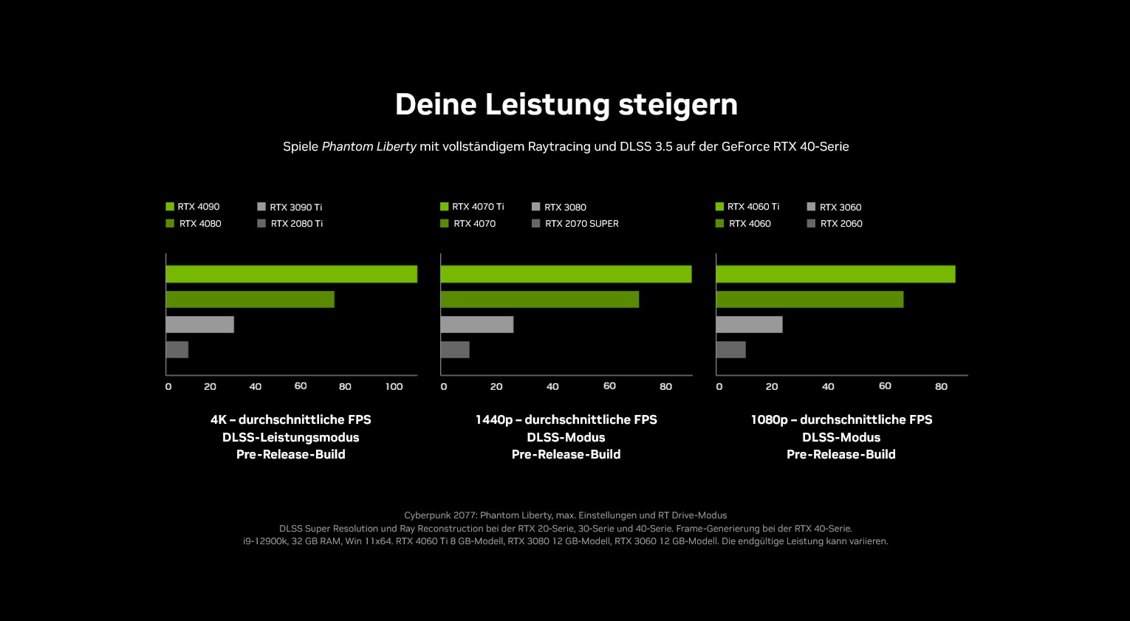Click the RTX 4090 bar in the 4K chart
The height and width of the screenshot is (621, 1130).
pyautogui.click(x=292, y=274)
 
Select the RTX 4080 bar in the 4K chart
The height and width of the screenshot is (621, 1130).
pyautogui.click(x=250, y=299)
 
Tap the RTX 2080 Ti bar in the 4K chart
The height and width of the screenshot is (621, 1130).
pyautogui.click(x=177, y=349)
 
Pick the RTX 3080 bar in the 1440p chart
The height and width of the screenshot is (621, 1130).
pyautogui.click(x=477, y=324)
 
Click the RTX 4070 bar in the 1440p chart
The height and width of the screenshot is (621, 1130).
pyautogui.click(x=540, y=299)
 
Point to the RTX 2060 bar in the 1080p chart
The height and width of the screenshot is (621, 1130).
pyautogui.click(x=731, y=349)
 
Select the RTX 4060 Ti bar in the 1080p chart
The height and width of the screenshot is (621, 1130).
pyautogui.click(x=836, y=274)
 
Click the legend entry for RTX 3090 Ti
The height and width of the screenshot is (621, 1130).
pyautogui.click(x=290, y=207)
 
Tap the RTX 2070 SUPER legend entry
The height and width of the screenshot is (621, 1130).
pyautogui.click(x=575, y=224)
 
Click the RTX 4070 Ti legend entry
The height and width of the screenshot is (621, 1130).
pyautogui.click(x=472, y=207)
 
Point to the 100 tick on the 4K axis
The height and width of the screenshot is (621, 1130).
pyautogui.click(x=394, y=386)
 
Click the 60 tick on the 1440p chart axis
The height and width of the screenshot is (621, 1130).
pyautogui.click(x=609, y=386)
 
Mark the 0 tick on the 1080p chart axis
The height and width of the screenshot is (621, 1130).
pyautogui.click(x=719, y=386)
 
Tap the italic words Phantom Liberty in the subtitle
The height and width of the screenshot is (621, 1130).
pyautogui.click(x=369, y=147)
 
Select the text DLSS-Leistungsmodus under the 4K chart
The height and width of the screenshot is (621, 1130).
pyautogui.click(x=290, y=437)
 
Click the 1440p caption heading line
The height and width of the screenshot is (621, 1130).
pyautogui.click(x=566, y=419)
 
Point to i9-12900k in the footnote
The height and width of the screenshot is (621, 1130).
pyautogui.click(x=265, y=541)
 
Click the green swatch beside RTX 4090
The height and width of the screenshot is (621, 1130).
pyautogui.click(x=170, y=206)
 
